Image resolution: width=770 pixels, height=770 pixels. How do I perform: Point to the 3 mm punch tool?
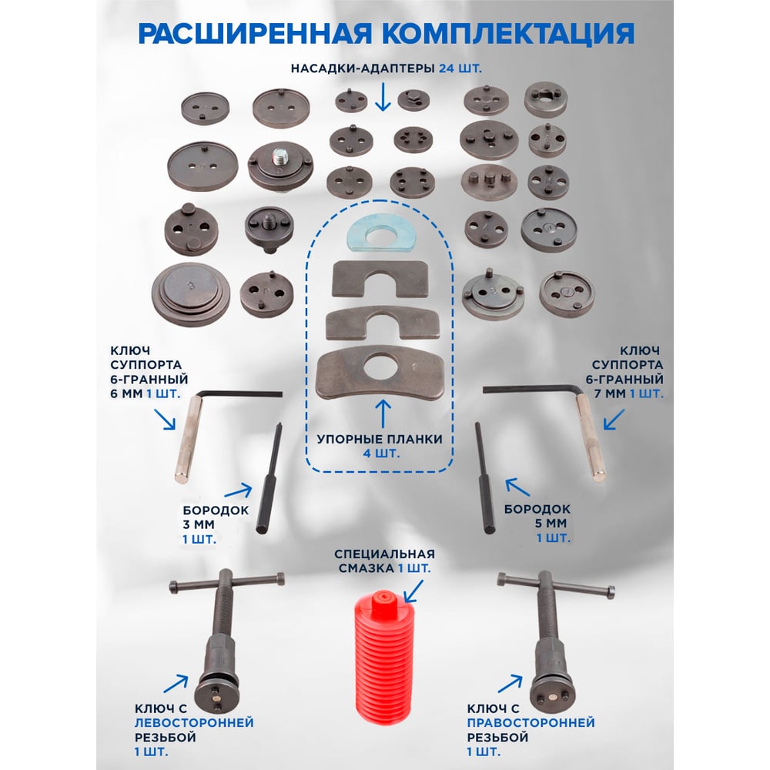pos(269,478)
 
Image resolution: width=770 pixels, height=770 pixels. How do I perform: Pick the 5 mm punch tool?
pos(484,477)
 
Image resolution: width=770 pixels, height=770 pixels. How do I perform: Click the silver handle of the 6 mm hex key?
pos(188,440)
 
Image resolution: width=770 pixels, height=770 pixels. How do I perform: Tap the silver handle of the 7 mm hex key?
pos(591,438)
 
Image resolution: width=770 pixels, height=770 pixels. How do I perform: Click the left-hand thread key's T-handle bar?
pos(227,582)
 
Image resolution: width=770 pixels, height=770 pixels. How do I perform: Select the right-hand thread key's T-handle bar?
pos(555,584)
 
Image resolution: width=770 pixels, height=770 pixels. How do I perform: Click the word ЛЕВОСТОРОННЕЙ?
pos(194,722)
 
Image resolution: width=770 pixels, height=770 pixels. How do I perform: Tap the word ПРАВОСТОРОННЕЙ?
pos(531,722)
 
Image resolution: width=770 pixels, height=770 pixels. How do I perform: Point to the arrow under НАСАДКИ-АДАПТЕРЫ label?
pos(383,97)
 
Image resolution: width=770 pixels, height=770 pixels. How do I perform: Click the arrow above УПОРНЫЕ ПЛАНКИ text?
pos(383,413)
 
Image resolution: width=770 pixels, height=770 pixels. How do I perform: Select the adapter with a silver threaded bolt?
pos(280,168)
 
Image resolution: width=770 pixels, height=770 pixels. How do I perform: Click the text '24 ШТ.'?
pos(460,69)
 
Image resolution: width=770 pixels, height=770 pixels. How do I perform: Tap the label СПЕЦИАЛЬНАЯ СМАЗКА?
pos(384,561)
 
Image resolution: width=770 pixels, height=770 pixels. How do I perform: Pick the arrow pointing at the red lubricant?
pos(413,591)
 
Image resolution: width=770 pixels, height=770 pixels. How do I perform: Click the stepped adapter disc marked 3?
pos(190,294)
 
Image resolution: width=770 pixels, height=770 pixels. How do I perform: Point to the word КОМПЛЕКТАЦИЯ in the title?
pos(508,33)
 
